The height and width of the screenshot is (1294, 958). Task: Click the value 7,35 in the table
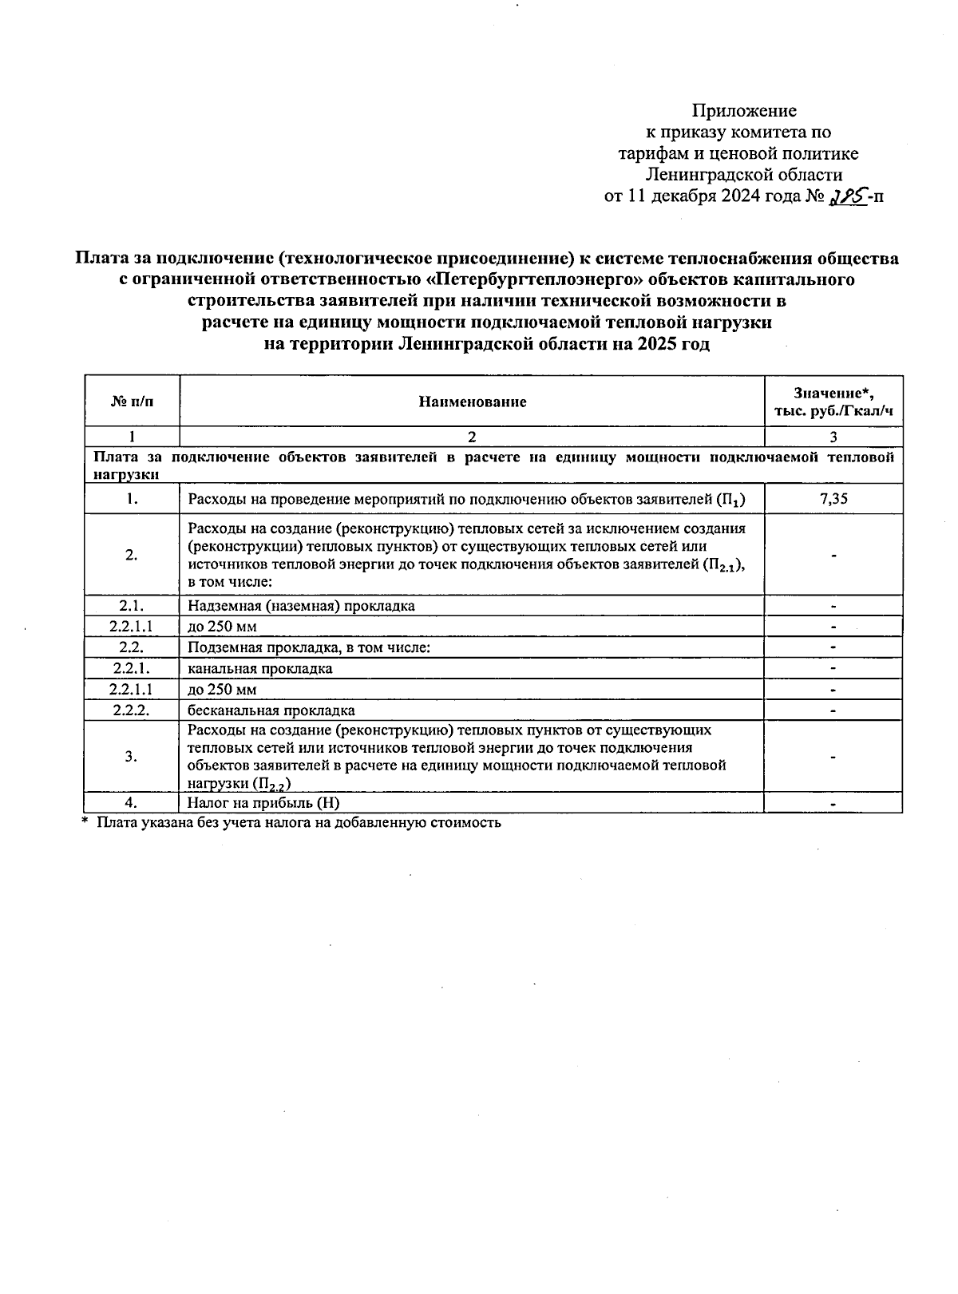tap(833, 499)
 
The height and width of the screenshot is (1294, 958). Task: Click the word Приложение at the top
tap(743, 110)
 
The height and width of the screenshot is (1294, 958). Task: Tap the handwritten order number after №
tap(847, 196)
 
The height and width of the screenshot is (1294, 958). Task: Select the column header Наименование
tap(472, 402)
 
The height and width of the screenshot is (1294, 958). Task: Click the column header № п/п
tap(132, 402)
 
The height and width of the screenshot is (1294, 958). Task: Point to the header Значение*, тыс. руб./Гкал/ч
tap(833, 402)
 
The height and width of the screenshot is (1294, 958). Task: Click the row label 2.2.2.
tap(132, 710)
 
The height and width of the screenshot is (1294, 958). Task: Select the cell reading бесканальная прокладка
tap(271, 710)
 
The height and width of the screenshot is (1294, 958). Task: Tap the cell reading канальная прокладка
tap(260, 668)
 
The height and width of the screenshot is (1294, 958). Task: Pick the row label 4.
tap(132, 803)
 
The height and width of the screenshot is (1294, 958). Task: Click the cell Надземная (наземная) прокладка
tap(301, 605)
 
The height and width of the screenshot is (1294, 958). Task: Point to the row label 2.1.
tap(132, 605)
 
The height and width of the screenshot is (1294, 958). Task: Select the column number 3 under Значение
tap(833, 437)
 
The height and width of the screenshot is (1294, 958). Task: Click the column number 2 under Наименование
tap(472, 437)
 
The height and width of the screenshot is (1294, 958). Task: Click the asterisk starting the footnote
tap(84, 821)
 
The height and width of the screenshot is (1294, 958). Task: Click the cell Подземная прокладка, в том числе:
tap(309, 647)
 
